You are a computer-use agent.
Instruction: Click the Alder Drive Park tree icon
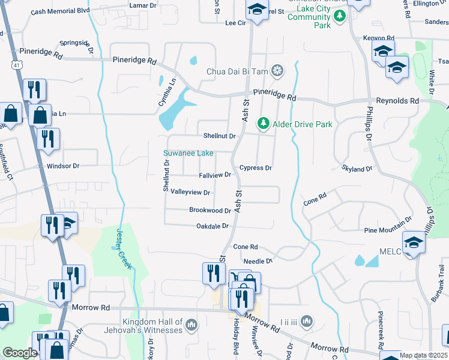263,124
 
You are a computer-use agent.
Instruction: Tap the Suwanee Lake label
188,154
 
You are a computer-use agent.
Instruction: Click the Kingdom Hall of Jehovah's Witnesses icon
191,325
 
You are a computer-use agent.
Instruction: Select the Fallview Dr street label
215,175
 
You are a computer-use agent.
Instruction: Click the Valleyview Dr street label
190,193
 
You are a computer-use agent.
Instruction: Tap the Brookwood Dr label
210,211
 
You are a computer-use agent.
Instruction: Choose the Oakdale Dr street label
213,226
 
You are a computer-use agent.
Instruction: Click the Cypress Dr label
256,168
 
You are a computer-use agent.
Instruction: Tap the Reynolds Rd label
397,101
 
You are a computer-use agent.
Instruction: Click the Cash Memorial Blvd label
59,11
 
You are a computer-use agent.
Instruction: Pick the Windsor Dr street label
62,166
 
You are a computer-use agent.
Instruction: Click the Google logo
20,353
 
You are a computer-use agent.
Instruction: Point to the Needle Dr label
258,262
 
